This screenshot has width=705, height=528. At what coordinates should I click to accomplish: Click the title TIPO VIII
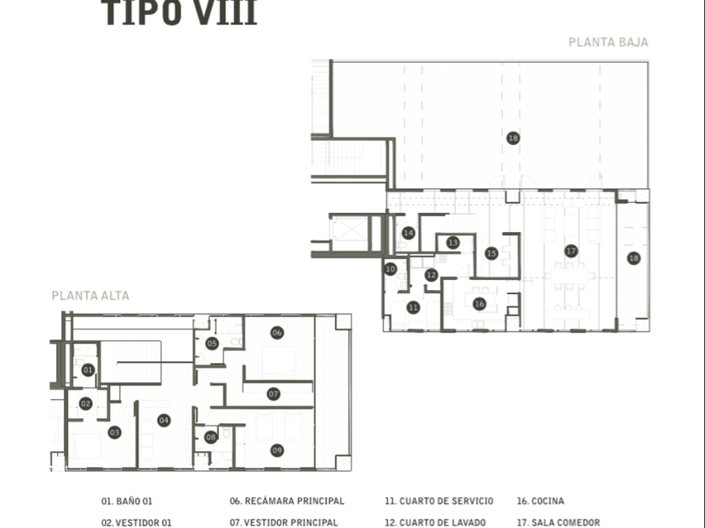(179, 14)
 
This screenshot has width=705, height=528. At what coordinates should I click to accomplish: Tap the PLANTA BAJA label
(608, 42)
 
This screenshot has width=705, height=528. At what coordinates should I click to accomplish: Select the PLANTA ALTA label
(91, 296)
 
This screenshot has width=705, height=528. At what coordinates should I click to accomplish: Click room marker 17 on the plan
(571, 251)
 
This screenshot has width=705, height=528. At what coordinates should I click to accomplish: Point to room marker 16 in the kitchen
(479, 304)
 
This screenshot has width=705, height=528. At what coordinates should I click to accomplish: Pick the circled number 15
(492, 253)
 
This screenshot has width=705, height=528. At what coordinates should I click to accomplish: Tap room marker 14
(409, 233)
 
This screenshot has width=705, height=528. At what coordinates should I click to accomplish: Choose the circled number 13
(453, 243)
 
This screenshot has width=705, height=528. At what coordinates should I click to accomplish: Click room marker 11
(413, 308)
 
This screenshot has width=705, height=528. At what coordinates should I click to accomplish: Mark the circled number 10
(390, 269)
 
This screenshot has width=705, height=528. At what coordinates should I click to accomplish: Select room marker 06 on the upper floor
(277, 333)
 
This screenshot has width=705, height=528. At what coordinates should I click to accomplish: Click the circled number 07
(274, 393)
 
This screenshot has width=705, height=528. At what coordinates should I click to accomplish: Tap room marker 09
(277, 450)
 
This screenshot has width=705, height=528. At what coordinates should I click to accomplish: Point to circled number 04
(164, 420)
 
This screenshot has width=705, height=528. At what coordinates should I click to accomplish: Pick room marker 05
(212, 343)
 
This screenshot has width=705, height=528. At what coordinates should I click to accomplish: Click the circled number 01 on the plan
(88, 370)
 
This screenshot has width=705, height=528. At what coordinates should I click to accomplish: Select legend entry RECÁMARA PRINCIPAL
(287, 501)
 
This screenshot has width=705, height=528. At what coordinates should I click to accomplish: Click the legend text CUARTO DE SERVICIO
(439, 501)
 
